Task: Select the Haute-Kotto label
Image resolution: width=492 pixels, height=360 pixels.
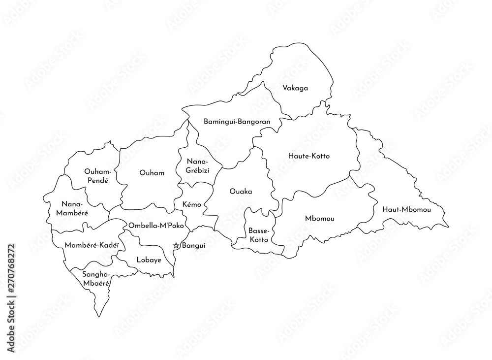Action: [308, 156]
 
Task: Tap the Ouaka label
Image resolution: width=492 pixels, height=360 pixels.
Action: [241, 192]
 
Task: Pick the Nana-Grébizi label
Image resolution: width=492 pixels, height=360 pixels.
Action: [197, 165]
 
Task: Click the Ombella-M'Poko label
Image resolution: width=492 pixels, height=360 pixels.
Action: [156, 225]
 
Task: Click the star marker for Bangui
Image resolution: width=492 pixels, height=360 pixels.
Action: [177, 245]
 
